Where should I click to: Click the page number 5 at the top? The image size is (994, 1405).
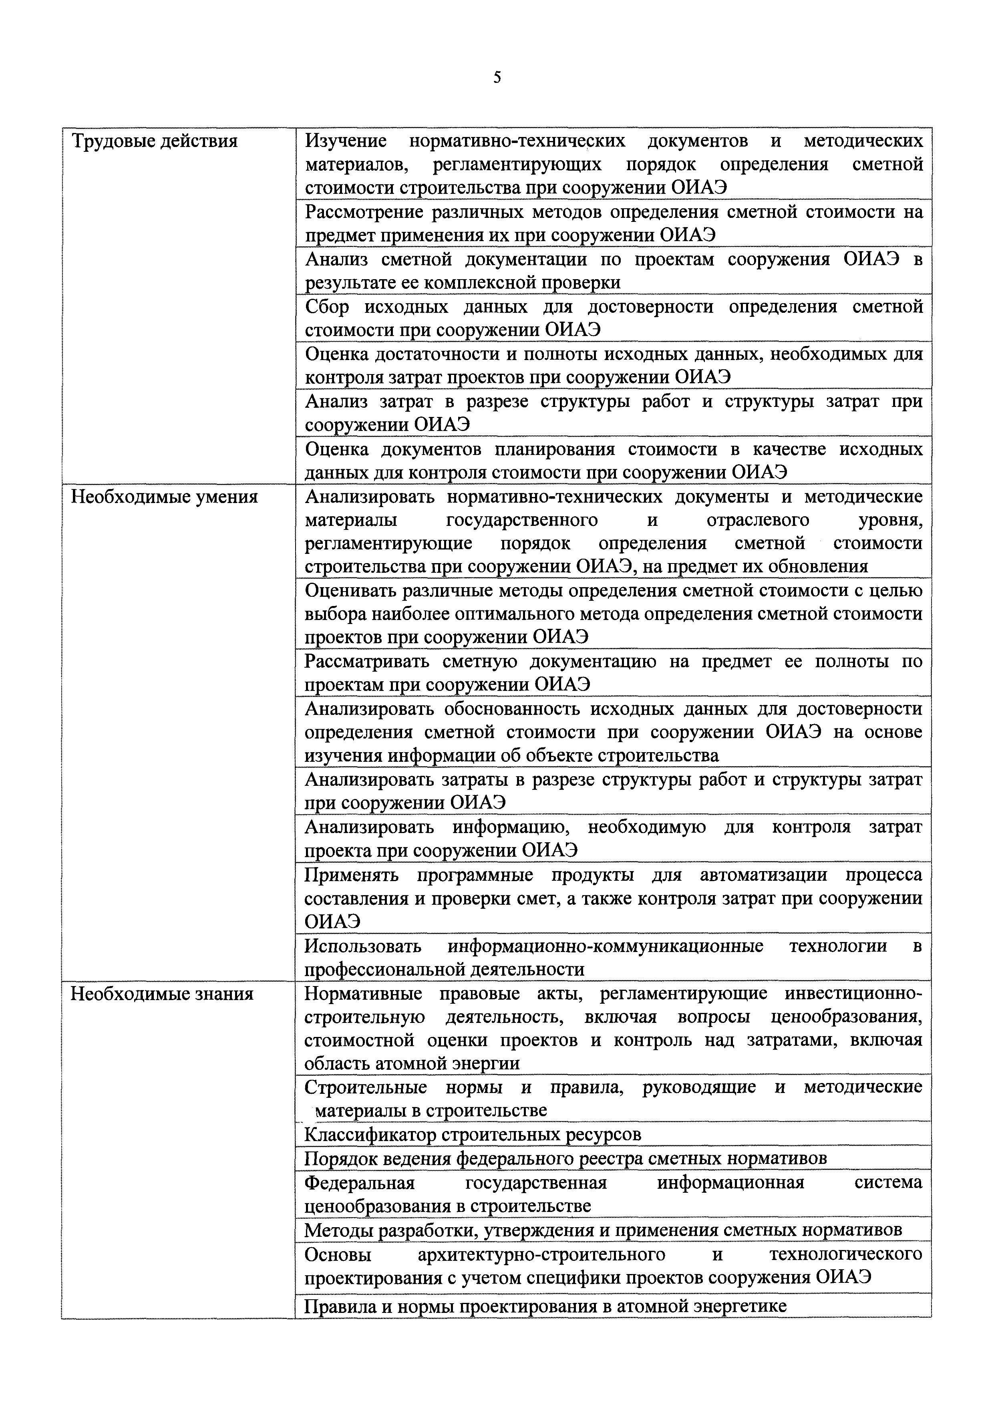tap(497, 78)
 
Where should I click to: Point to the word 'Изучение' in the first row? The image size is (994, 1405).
tap(346, 141)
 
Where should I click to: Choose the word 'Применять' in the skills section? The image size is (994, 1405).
tap(351, 875)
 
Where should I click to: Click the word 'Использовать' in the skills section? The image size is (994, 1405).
tap(363, 946)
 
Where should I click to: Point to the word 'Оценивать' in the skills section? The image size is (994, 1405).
tap(351, 590)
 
